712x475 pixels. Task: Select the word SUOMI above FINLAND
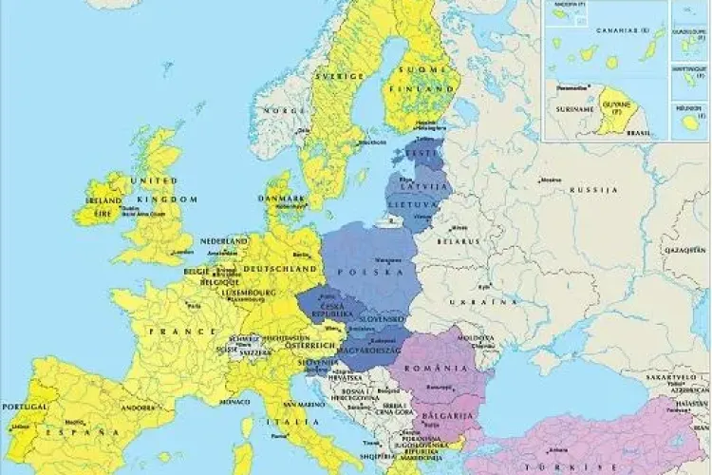[415, 70]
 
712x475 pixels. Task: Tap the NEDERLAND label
[224, 242]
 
